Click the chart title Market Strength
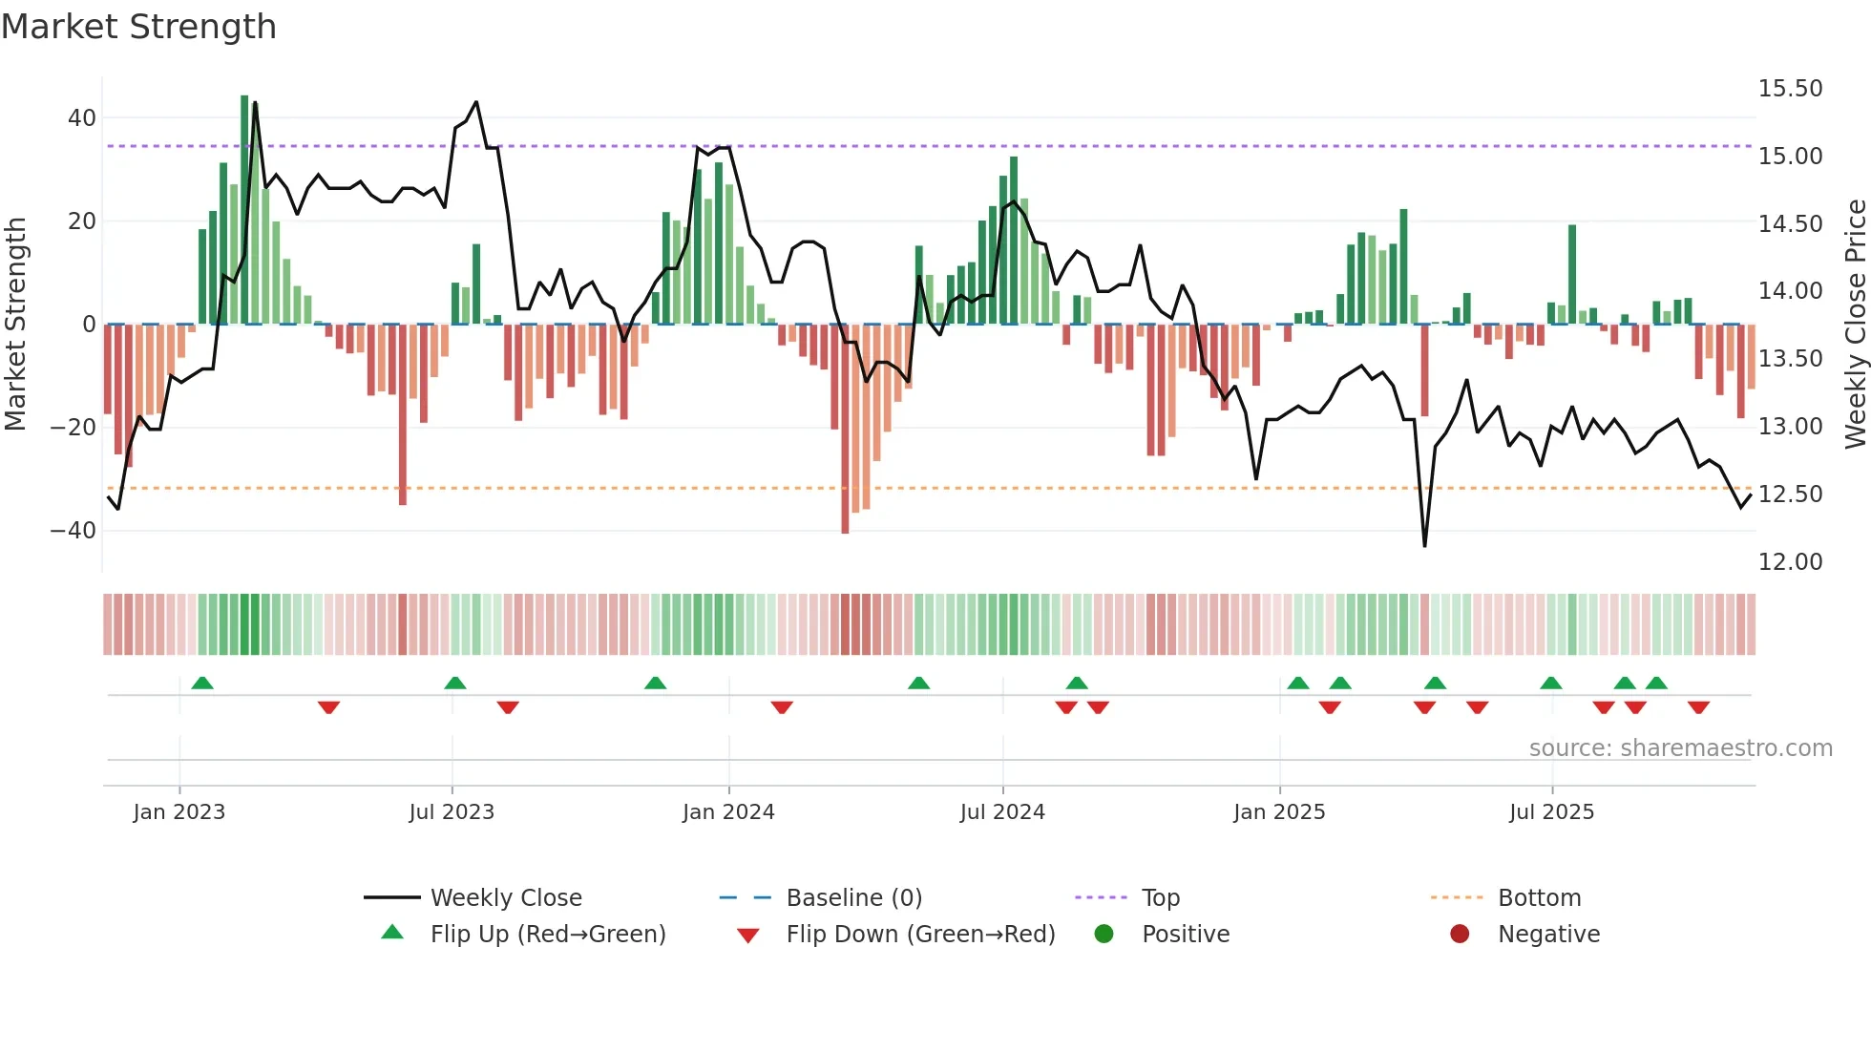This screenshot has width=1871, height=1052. [138, 27]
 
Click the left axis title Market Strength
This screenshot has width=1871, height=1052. [16, 324]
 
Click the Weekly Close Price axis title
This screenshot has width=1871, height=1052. [1855, 324]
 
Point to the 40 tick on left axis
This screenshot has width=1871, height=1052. [82, 118]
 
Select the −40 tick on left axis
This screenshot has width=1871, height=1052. [74, 531]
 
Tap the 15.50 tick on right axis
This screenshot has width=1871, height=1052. [1790, 89]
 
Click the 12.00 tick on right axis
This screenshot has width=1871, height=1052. [1790, 562]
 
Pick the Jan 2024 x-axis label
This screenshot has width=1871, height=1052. [728, 812]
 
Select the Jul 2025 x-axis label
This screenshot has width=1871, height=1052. [1551, 812]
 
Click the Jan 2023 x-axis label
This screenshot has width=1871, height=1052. [179, 812]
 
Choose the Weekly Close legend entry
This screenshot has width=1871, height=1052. [505, 898]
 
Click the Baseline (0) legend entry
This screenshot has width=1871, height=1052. [853, 898]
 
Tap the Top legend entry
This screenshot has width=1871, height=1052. [1160, 898]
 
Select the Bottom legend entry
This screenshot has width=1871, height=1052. [1539, 898]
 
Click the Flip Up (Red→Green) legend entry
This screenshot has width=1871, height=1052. [547, 935]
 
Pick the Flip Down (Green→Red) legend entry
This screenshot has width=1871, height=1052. [920, 935]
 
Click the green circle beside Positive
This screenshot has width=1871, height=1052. [1104, 935]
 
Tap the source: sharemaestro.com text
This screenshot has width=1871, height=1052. [1680, 748]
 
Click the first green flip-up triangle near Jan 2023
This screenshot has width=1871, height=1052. [202, 683]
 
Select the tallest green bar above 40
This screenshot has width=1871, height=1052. [244, 210]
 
